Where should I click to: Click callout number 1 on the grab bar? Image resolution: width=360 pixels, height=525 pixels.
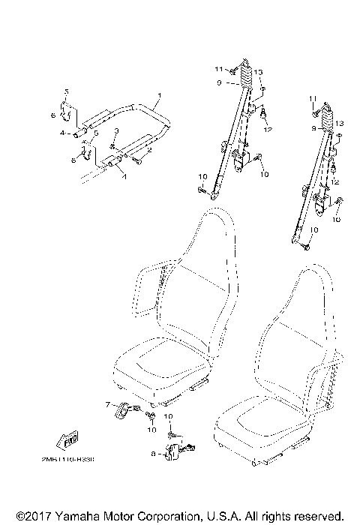pos(158,95)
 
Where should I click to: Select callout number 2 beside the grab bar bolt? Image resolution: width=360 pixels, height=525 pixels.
pos(149,151)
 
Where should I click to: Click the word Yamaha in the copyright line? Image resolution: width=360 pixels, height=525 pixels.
pos(72,516)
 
